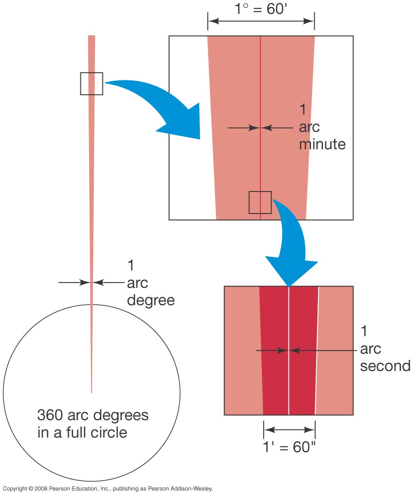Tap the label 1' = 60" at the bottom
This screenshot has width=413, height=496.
(289, 447)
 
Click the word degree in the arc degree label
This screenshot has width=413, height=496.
(151, 300)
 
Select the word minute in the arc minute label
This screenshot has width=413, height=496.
(322, 144)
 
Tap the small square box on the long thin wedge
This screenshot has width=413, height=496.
(91, 84)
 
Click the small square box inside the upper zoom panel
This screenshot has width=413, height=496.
(260, 203)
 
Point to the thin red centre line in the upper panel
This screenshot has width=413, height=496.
(260, 83)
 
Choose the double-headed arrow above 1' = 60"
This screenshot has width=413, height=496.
(289, 430)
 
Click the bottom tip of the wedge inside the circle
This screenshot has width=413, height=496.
(91, 392)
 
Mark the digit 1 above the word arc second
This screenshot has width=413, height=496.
(364, 331)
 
